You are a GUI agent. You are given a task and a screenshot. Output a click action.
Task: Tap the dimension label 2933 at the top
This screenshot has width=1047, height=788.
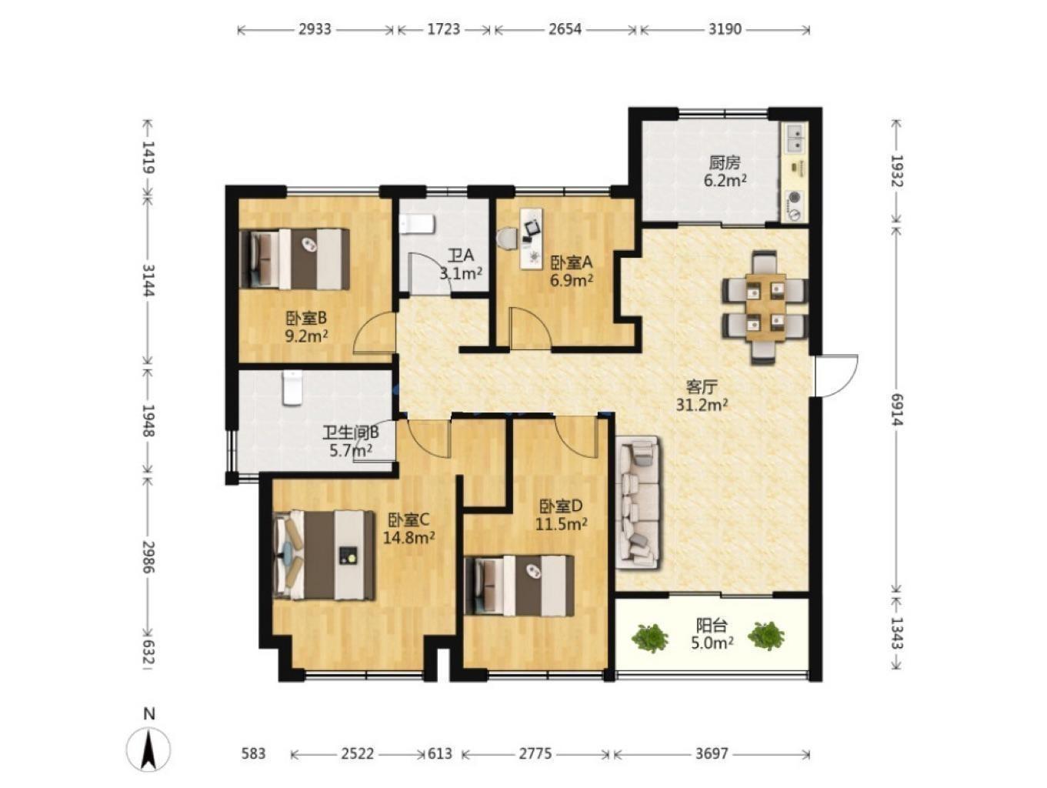pos(315,29)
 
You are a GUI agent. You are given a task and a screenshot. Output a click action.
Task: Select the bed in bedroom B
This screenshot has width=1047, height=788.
pos(295,259)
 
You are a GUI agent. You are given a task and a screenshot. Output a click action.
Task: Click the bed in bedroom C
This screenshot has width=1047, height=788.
pos(324,556)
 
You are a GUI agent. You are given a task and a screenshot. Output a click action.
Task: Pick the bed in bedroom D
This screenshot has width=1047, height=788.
pos(519,586)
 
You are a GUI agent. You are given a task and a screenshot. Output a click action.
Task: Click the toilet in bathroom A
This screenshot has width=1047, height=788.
pos(418,225)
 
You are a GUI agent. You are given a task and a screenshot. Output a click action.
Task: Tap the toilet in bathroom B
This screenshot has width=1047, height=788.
pos(292,389)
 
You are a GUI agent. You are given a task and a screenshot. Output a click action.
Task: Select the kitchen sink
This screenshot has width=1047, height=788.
pos(794,138)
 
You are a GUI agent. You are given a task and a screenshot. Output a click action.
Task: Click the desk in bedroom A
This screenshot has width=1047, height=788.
pos(532,238)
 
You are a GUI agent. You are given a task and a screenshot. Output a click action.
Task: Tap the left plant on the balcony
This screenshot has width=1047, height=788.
pos(650,637)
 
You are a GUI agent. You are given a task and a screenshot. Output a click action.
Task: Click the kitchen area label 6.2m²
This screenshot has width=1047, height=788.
pos(725,181)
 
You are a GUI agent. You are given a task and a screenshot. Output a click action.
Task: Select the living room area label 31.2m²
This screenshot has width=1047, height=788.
pos(702,405)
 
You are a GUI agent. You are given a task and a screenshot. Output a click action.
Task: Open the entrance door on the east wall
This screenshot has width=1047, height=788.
pos(835,376)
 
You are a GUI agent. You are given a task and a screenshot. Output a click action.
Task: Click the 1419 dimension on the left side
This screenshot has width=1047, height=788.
pos(148,157)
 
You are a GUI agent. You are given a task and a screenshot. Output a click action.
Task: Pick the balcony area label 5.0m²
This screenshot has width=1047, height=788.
pos(712,643)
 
